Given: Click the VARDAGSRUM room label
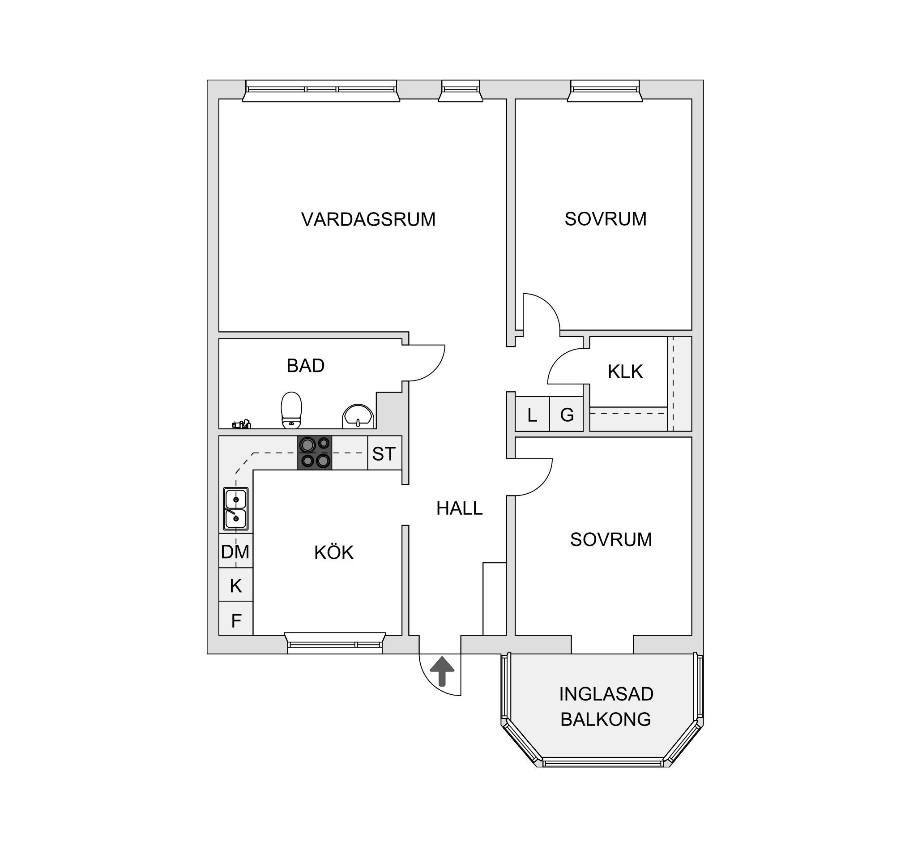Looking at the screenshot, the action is pos(368,219).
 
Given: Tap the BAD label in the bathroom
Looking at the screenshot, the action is pos(305,366).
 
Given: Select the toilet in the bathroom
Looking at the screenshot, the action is pos(291,410).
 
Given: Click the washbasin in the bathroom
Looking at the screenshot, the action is pos(358,416).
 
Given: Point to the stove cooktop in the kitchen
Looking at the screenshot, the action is pos(315,453).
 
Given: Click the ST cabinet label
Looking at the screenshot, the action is pos(384,453).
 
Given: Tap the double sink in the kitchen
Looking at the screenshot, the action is pos(236,508).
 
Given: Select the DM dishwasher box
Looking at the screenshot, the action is pos(235,551).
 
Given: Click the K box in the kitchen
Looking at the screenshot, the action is pos(235,585).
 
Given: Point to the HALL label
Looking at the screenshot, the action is pos(459,508).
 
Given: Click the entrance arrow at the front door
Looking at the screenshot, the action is pos(442,671).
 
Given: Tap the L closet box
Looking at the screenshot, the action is pos(532,414).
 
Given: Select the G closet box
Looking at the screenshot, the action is pos(567,414).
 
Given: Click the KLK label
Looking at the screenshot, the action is pos(625,372).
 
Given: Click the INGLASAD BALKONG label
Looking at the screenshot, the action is pos(606,706).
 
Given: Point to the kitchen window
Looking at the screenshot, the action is pos(335,642).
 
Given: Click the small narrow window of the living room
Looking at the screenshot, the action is pos(461,90).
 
